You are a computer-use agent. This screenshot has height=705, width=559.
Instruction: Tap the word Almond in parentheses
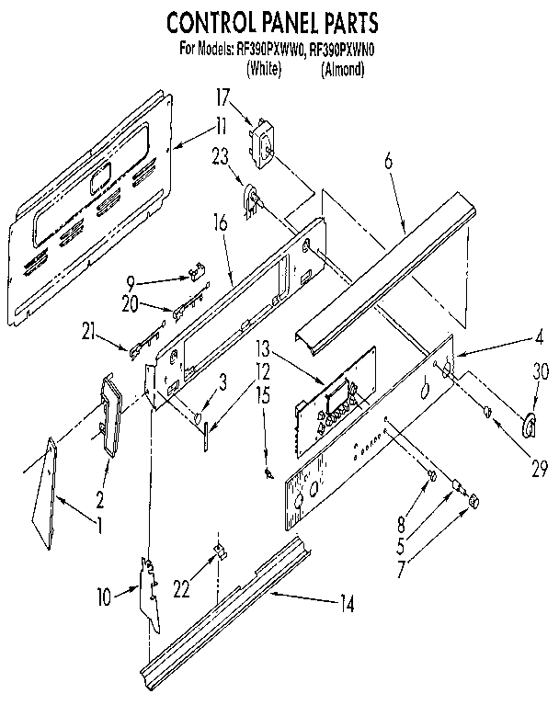coord(343,69)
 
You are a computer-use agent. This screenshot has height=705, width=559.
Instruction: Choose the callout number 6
coord(389,159)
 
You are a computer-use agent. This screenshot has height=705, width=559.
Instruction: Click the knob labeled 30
coord(530,426)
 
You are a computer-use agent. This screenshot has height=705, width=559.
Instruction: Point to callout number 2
coord(100,501)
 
